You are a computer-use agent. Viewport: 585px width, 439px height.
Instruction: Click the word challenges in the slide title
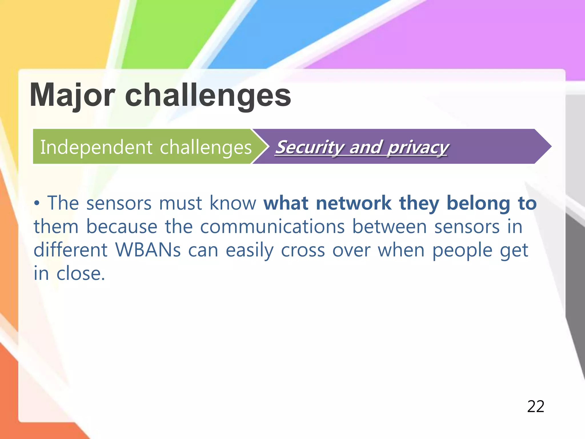coord(208,95)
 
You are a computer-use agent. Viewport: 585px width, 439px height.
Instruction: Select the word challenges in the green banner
coord(206,147)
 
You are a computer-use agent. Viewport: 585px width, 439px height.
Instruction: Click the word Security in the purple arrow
coord(310,147)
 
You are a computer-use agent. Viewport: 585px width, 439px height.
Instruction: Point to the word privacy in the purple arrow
coord(418,147)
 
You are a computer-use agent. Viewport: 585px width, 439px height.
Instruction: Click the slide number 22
coord(536,406)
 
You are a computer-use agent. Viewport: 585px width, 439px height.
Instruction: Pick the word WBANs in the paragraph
coord(148,250)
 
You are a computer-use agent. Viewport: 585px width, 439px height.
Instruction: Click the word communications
coord(272,226)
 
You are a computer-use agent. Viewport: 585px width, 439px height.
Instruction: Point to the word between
coord(389,226)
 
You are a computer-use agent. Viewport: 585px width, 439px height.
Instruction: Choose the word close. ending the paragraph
coord(81,273)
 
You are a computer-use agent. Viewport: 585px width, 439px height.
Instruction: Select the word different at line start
coord(71,250)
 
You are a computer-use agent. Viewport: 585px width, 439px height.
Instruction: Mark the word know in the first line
coord(233,203)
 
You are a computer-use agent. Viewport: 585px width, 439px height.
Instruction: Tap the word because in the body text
coord(122,226)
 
